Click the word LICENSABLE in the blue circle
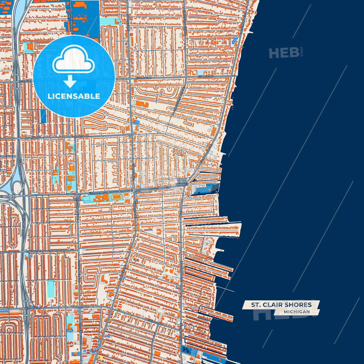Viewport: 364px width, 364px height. pyautogui.click(x=74, y=96)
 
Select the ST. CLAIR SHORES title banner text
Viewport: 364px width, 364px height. pyautogui.click(x=281, y=305)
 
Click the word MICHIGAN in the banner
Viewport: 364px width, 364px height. pyautogui.click(x=297, y=312)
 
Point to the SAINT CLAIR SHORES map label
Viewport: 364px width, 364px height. pyautogui.click(x=182, y=182)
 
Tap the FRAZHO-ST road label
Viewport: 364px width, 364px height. pyautogui.click(x=34, y=251)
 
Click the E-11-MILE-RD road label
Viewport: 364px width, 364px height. pyautogui.click(x=96, y=193)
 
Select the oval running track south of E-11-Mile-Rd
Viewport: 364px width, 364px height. pyautogui.click(x=117, y=197)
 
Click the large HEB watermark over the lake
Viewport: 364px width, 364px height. pyautogui.click(x=284, y=53)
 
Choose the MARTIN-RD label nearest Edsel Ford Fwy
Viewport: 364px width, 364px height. pyautogui.click(x=33, y=138)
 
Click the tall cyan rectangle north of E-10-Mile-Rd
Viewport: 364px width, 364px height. pyautogui.click(x=51, y=289)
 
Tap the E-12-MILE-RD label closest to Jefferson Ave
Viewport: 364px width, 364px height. pyautogui.click(x=206, y=76)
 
